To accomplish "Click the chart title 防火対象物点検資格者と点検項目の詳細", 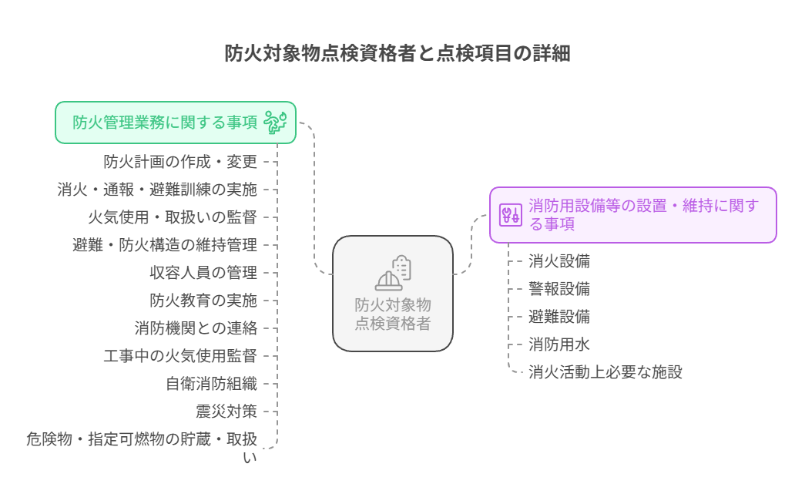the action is coord(397,53).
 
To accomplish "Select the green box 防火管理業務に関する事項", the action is coord(176,123).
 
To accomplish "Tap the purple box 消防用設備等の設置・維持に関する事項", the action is coord(632,215).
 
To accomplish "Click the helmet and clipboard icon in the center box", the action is coord(393,273).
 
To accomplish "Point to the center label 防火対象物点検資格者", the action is coord(393,314).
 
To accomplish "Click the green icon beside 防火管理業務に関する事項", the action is coord(275,123).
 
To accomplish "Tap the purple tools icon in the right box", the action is coord(510,215).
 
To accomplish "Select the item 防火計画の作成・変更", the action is coord(180,162).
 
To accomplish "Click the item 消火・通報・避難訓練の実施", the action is coord(157,190).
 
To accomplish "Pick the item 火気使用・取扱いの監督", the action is coord(173,217).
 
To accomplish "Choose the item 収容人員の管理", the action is coord(203,273).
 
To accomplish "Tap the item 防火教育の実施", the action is coord(203,301).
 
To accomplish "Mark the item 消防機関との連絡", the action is coord(196,328).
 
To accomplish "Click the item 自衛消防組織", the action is coord(211,384).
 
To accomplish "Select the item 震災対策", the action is coord(226,412).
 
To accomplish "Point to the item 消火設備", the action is coord(559,262).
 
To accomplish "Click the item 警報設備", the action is coord(559,289).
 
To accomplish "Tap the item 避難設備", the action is coord(559,317).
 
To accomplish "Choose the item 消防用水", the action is coord(559,344).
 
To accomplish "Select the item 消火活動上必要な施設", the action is coord(605,373).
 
